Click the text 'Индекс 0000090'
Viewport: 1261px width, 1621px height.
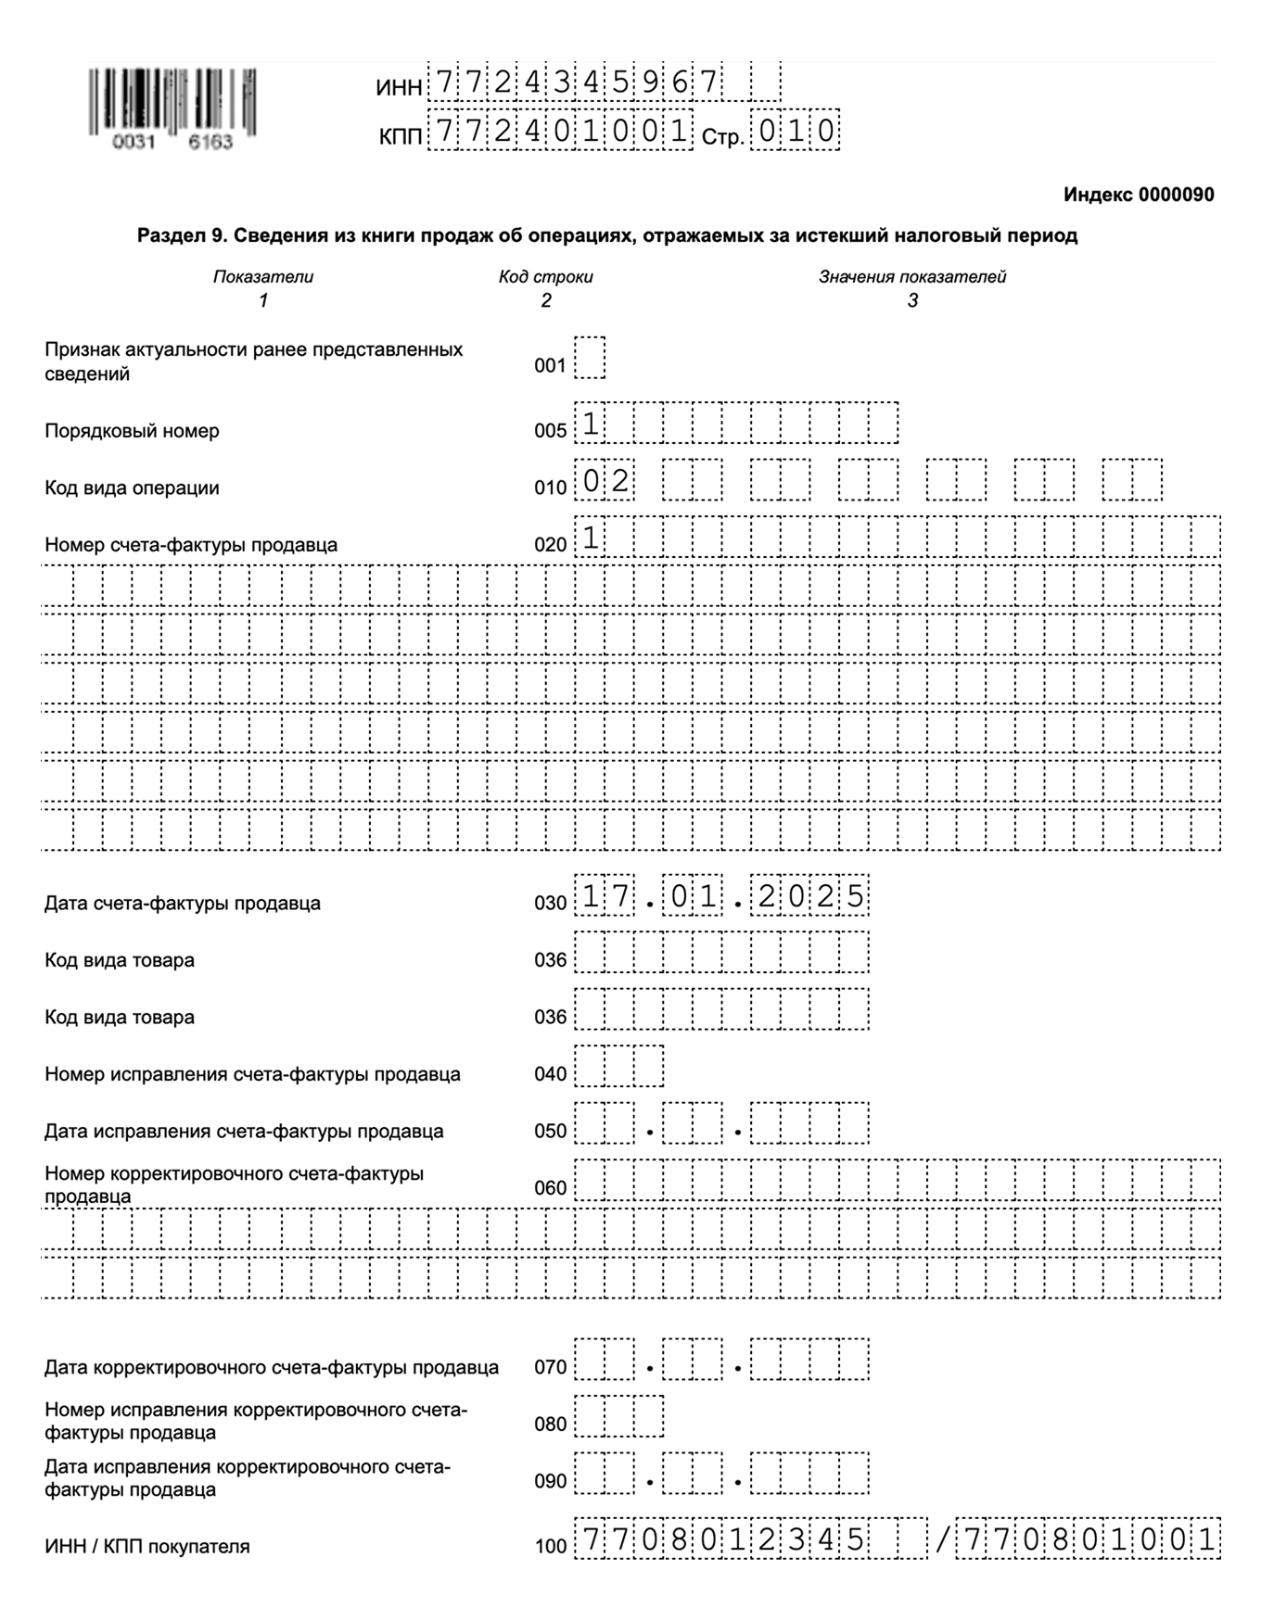tap(1138, 195)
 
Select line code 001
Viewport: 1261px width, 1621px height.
tap(550, 366)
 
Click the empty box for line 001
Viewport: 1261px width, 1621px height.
tap(590, 358)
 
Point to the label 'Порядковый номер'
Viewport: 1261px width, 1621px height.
tap(132, 431)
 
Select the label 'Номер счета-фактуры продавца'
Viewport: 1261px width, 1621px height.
tap(190, 545)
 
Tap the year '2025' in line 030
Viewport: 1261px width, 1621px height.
tap(809, 897)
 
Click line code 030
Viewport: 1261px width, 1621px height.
tap(550, 904)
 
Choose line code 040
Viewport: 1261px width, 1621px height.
tap(550, 1074)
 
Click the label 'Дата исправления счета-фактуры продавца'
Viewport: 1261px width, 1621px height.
tap(244, 1132)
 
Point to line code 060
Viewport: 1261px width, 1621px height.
tap(550, 1188)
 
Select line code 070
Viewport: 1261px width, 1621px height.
tap(550, 1367)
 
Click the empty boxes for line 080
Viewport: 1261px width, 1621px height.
tap(618, 1416)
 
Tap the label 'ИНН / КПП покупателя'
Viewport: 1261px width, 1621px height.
tap(146, 1547)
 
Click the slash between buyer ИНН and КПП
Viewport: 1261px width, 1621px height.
tap(942, 1540)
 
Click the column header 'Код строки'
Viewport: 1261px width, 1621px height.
tap(545, 277)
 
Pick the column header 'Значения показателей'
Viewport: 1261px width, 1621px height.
tap(911, 277)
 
